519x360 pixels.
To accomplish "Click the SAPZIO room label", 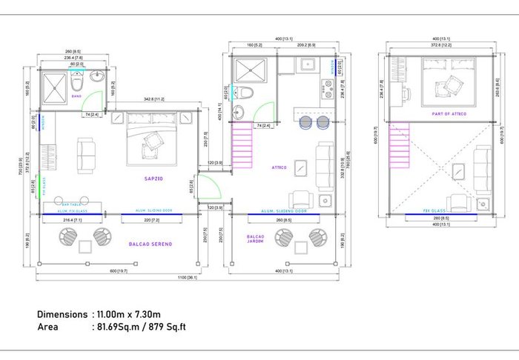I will pos(154,179).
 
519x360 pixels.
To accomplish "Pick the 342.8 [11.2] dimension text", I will pos(154,99).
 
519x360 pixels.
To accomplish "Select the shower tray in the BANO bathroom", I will pos(54,83).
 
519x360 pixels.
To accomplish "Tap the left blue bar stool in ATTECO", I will pos(306,123).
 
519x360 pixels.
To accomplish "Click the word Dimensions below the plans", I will pos(62,314).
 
